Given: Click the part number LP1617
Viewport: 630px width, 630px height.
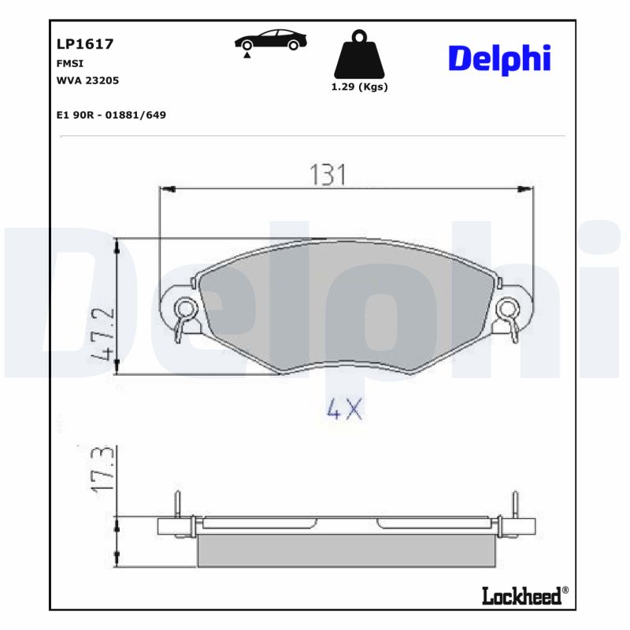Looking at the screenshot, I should point(85,45).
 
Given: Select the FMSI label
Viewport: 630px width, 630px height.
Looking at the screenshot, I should point(70,64).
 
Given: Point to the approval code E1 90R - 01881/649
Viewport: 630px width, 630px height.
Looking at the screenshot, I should point(111,115).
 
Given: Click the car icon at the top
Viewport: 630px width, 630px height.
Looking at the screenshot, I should point(270,41).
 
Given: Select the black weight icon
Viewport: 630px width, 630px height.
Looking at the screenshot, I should point(359,55).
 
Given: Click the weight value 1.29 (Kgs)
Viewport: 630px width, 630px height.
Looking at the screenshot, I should point(359,87).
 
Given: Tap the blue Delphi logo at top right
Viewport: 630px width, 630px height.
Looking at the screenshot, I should point(498,59).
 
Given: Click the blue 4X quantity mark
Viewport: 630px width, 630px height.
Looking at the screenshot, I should point(344,409).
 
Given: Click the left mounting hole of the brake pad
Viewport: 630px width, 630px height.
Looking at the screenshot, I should point(185,307).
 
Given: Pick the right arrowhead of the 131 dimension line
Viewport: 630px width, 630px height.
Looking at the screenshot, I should point(525,189).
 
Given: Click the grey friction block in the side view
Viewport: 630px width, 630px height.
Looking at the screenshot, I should point(346,550).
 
